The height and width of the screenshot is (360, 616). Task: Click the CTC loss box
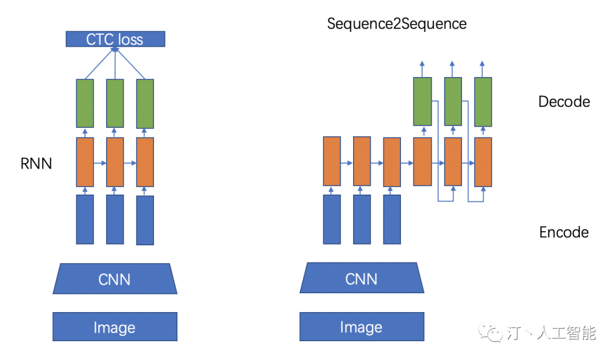(x=115, y=39)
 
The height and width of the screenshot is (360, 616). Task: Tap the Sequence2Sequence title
(x=397, y=24)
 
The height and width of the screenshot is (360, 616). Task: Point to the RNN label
(x=37, y=164)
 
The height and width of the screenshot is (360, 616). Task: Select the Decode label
(x=564, y=102)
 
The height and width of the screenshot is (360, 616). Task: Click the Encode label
(x=564, y=232)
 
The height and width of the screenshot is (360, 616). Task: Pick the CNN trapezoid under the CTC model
(x=115, y=279)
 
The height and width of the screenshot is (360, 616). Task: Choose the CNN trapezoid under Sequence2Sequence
(x=362, y=278)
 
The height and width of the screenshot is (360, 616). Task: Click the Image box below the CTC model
(x=115, y=327)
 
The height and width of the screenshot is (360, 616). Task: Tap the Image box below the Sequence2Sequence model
(x=362, y=327)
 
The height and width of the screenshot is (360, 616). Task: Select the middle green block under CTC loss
(x=115, y=103)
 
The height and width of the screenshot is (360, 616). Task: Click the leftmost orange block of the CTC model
(x=85, y=162)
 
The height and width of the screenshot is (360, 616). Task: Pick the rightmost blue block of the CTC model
(x=145, y=220)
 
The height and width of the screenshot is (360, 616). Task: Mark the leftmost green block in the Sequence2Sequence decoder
(x=423, y=102)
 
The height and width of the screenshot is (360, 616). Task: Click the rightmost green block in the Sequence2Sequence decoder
(x=483, y=102)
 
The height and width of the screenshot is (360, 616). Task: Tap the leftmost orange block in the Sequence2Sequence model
(x=332, y=161)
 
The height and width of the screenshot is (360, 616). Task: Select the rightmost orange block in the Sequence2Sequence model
(x=483, y=162)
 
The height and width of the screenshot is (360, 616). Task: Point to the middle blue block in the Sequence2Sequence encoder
(x=362, y=219)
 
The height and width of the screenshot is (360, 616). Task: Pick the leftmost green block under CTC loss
(x=85, y=103)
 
